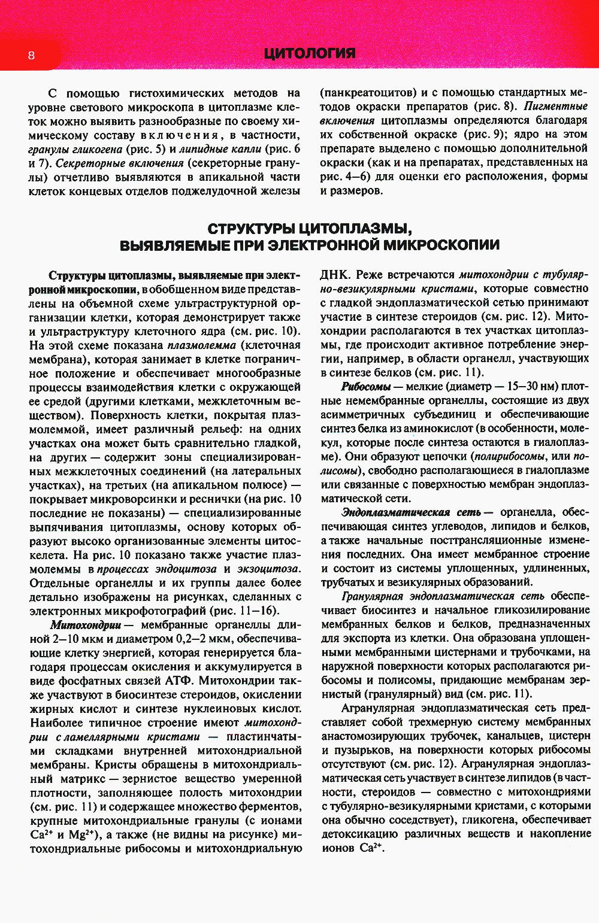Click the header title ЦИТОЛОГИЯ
(310, 54)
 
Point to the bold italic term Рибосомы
(366, 387)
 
